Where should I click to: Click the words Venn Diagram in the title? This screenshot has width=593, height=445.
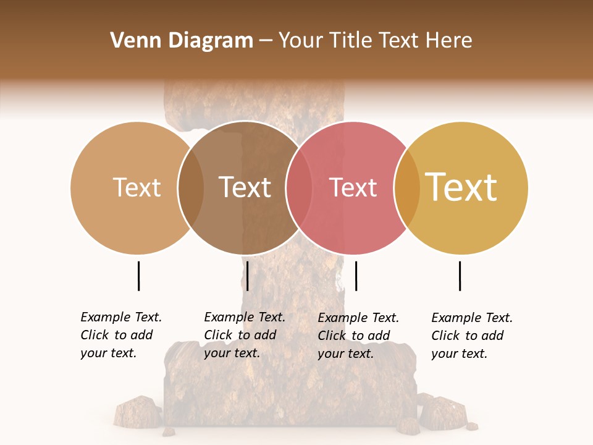(x=182, y=41)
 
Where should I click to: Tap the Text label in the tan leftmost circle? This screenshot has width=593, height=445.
(x=137, y=187)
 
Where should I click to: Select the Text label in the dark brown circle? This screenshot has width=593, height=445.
(x=245, y=187)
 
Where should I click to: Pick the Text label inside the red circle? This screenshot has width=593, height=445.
(x=353, y=187)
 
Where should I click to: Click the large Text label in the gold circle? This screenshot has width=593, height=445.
(x=461, y=187)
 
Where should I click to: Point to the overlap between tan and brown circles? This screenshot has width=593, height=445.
(x=191, y=188)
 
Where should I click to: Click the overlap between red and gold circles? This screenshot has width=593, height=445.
(x=406, y=188)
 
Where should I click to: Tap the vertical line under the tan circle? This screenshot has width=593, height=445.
(x=139, y=276)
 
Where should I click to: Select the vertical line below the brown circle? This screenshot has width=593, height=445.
(x=247, y=276)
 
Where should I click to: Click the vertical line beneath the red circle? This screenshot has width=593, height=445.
(x=356, y=276)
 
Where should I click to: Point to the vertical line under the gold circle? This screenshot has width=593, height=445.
(x=460, y=276)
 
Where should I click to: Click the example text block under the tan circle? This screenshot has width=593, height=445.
(x=121, y=335)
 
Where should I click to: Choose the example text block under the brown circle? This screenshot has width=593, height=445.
(x=245, y=335)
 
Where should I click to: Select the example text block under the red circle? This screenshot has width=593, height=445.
(x=358, y=336)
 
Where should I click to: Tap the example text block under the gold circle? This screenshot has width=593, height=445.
(x=472, y=336)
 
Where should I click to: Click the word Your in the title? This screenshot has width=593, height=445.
(x=301, y=41)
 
